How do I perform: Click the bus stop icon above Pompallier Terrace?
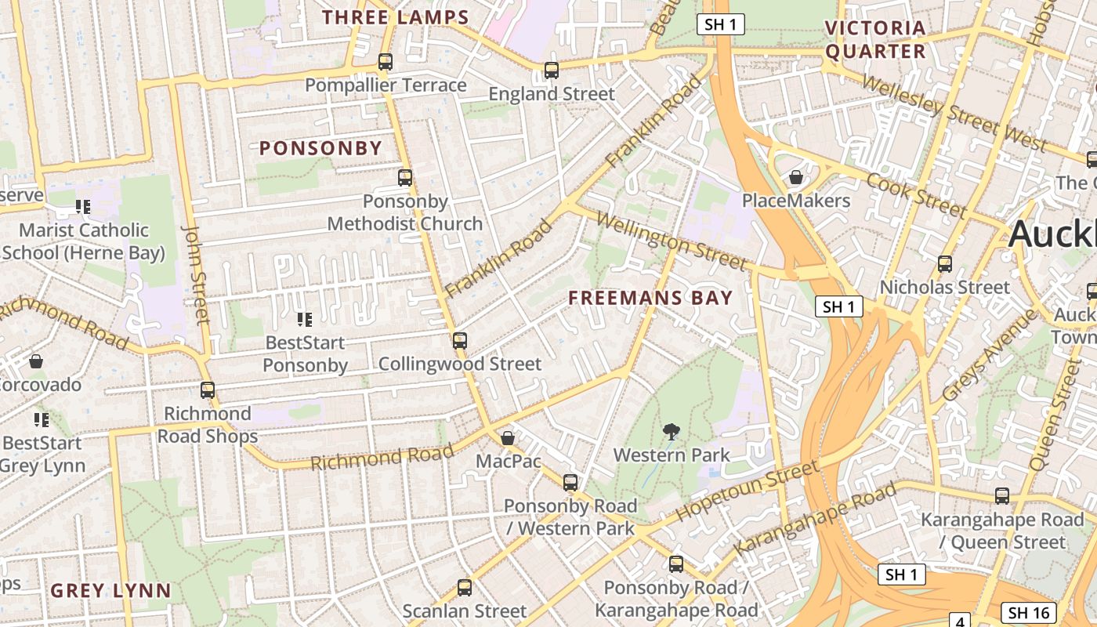coord(385,62)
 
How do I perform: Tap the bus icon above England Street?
coord(552,71)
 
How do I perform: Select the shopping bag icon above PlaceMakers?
coord(796,178)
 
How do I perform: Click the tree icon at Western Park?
coord(671,431)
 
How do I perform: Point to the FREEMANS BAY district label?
coord(650,298)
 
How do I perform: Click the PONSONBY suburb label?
coord(320,148)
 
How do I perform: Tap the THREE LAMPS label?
coord(396,17)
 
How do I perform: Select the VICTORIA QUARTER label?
coord(875,40)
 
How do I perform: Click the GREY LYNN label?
coord(110,591)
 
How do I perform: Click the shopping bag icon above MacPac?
coord(508,438)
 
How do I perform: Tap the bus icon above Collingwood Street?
coord(460,341)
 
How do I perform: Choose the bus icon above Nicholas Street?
coord(945,264)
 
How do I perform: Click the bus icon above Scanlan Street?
coord(465,587)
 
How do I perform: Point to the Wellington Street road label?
coord(670,239)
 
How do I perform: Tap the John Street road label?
coord(196,274)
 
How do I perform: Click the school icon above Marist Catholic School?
coord(83,207)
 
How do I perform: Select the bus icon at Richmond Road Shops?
coord(208,390)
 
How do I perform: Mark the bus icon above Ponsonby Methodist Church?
coord(405,178)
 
